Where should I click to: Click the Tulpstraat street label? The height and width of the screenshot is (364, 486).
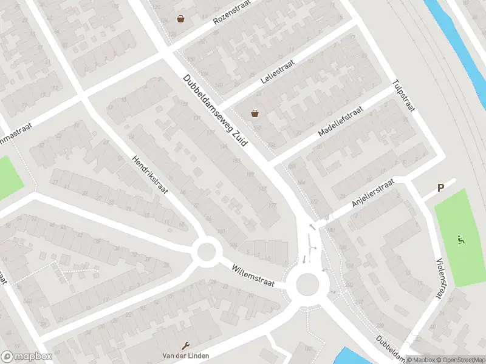[403, 96]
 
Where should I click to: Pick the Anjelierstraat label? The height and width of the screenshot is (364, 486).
[373, 194]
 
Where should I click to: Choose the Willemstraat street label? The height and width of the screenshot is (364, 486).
[253, 275]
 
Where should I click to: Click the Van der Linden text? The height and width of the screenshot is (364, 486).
[182, 355]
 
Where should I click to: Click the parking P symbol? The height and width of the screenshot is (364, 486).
[442, 188]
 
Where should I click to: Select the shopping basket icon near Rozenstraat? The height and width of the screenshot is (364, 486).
[180, 19]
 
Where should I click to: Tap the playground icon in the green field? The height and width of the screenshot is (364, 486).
[462, 240]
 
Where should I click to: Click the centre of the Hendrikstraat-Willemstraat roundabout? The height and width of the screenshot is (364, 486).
[207, 251]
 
